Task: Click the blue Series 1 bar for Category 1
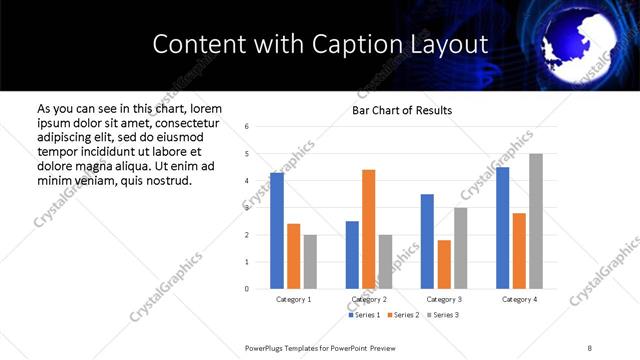277,231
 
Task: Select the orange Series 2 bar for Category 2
368,229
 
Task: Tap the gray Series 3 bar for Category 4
535,221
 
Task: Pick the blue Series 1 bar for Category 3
427,241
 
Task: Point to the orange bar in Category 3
444,264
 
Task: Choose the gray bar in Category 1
310,262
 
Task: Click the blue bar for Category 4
502,228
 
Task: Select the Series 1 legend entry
364,315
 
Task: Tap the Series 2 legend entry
402,315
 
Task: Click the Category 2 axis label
369,299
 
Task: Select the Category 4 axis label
519,299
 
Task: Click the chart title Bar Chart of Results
402,110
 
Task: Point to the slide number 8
590,346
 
